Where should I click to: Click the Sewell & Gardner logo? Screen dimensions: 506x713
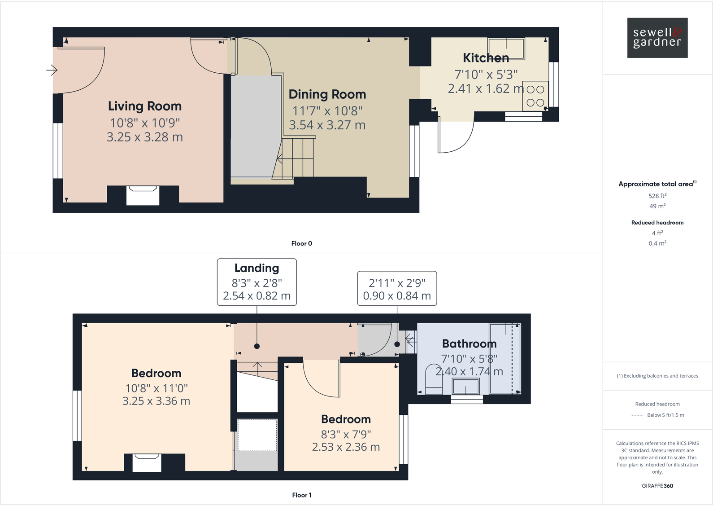click(x=657, y=38)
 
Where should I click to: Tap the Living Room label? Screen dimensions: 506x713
click(x=144, y=106)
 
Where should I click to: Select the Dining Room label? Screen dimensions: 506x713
click(x=327, y=95)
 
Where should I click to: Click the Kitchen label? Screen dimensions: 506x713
click(x=486, y=58)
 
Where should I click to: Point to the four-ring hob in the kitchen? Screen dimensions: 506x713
click(x=535, y=96)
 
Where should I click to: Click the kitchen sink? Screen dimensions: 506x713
click(x=506, y=48)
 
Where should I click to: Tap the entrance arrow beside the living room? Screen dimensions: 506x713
click(x=52, y=70)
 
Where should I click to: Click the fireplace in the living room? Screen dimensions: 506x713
click(x=143, y=195)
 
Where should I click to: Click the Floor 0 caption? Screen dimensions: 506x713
click(x=301, y=243)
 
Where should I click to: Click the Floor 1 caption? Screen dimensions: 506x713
click(x=301, y=495)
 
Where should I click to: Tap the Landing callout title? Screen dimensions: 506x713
click(x=257, y=268)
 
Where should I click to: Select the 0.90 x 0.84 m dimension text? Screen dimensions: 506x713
click(x=397, y=296)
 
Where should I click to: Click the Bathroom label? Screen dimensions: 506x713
click(x=469, y=344)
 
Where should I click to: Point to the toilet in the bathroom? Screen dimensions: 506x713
click(x=433, y=380)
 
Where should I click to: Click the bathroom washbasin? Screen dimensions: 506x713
click(x=466, y=386)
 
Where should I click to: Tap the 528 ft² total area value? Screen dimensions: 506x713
click(x=657, y=196)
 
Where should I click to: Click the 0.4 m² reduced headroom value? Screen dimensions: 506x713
click(x=657, y=243)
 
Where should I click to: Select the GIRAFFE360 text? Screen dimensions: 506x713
click(x=657, y=486)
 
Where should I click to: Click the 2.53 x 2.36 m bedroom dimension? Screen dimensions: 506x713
click(x=346, y=447)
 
